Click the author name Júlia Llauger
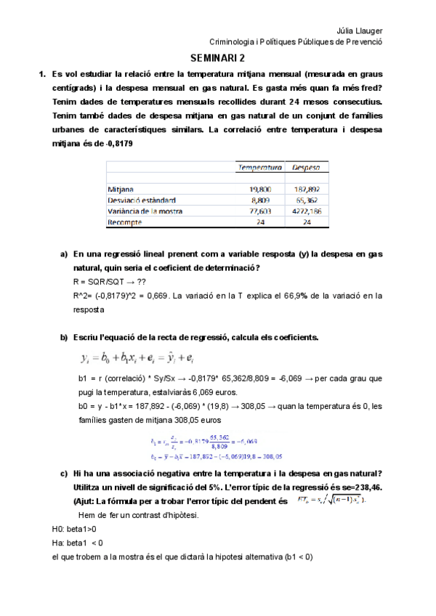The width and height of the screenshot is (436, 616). point(360,31)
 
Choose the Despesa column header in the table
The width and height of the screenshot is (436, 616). point(307,168)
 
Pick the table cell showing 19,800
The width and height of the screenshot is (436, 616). point(260,188)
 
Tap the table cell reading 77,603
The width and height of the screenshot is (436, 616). point(260,211)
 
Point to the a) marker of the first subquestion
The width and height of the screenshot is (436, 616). point(63,254)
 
